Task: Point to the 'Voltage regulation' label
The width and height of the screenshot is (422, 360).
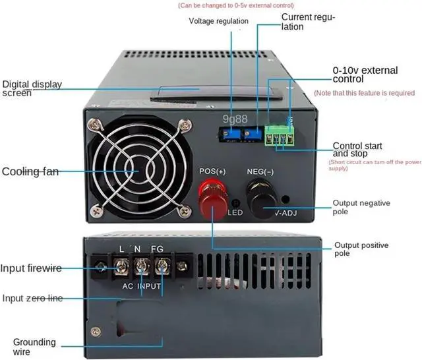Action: [x=218, y=21]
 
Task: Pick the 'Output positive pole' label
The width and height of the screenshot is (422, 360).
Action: [x=361, y=249]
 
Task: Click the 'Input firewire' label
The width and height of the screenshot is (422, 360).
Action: [x=32, y=268]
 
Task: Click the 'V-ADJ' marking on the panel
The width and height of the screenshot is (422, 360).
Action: [x=287, y=212]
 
